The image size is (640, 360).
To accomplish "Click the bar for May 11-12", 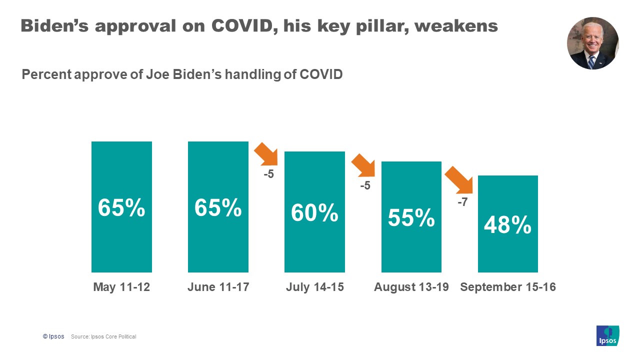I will [121, 207].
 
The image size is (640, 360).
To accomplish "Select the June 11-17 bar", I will [218, 207].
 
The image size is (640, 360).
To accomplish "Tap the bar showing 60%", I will [314, 212].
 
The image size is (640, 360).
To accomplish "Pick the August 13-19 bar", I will [411, 217].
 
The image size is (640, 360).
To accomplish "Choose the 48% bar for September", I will [507, 224].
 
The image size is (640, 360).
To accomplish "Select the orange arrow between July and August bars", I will [363, 165].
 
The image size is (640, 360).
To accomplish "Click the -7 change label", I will [462, 203].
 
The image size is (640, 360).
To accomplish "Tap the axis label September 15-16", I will [507, 287].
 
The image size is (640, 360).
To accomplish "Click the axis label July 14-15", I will [314, 287].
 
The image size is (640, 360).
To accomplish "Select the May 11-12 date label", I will [121, 287].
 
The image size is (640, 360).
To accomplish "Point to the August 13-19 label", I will [411, 287].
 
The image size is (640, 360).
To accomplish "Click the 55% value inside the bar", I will [411, 218].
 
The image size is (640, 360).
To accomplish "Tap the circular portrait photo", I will [592, 43].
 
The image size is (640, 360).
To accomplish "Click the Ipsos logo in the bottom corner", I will [607, 335].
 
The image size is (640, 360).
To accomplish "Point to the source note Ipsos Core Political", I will [103, 336].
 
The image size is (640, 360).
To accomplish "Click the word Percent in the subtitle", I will [46, 75].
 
